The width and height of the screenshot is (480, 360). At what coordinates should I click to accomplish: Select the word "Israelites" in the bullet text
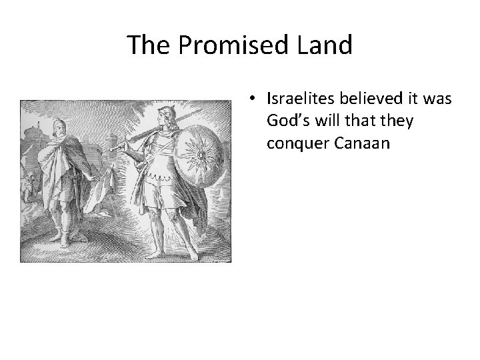(301, 99)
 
